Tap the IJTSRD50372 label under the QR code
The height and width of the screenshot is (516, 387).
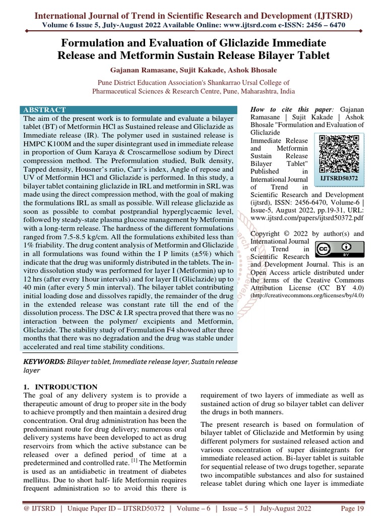339,177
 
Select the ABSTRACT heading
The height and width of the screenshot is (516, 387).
44,110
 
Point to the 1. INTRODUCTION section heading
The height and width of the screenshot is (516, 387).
60,387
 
